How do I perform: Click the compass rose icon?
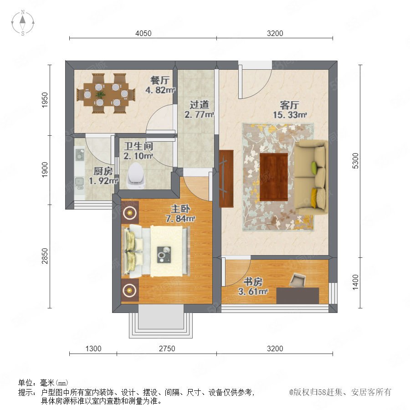click(x=23, y=22)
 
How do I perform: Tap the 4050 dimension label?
click(x=143, y=33)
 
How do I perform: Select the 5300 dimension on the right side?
click(x=356, y=161)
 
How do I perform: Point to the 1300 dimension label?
click(x=93, y=348)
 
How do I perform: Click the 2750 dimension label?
click(x=167, y=348)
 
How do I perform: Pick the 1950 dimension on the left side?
click(x=45, y=100)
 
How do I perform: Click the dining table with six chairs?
click(x=106, y=93)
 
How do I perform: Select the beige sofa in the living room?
click(x=311, y=177)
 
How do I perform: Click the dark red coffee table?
click(x=274, y=177)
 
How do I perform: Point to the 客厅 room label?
click(x=289, y=105)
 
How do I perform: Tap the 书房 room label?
click(x=253, y=282)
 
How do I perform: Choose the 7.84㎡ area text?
click(x=180, y=218)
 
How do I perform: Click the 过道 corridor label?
click(x=199, y=105)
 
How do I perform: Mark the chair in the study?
click(x=297, y=280)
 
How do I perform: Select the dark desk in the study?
click(x=297, y=296)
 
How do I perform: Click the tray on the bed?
click(x=164, y=255)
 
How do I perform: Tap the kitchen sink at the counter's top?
click(x=80, y=155)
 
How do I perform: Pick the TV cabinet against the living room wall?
click(x=226, y=179)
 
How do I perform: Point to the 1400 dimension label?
click(x=356, y=282)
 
